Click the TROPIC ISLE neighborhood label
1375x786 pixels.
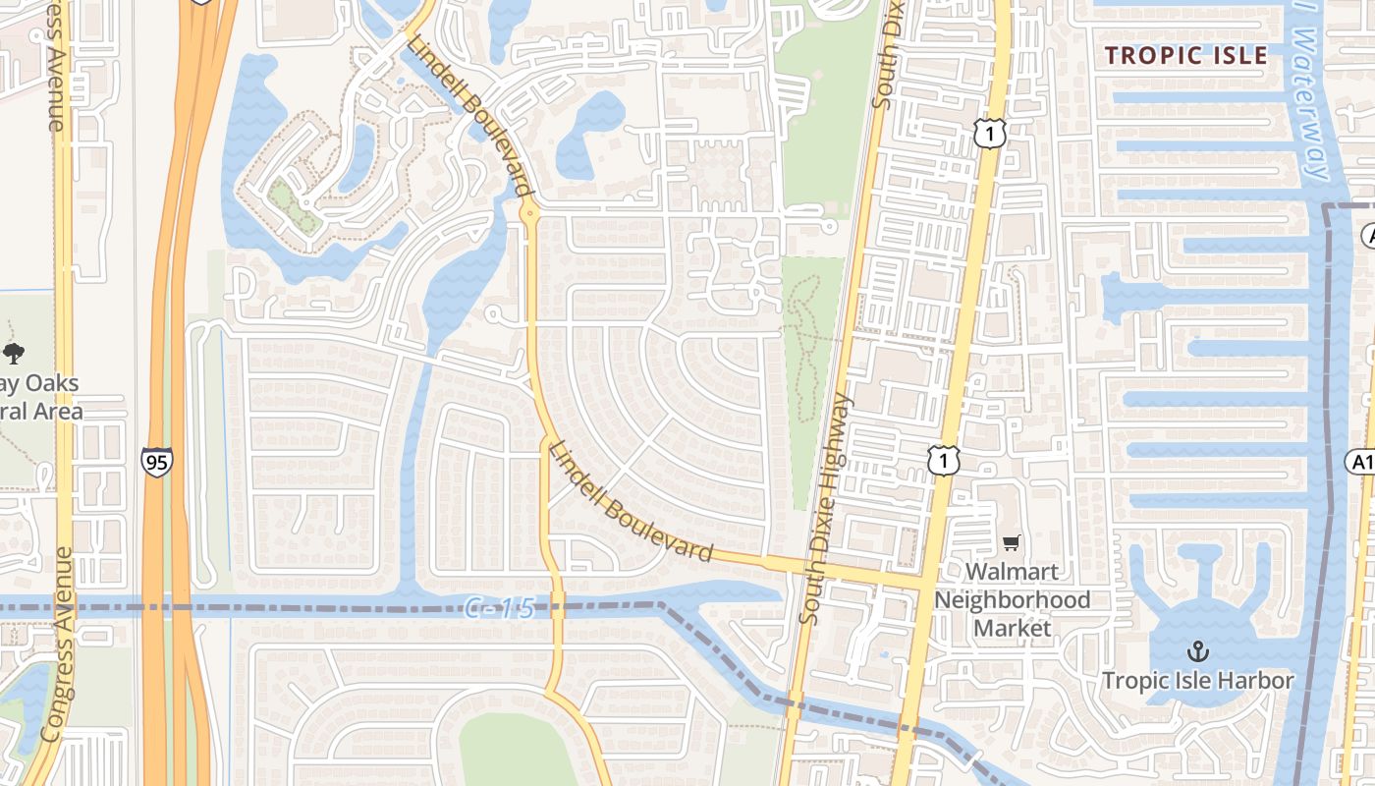[1186, 55]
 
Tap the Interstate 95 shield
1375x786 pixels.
[156, 462]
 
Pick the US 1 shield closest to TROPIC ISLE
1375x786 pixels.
[990, 135]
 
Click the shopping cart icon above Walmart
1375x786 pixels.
[1012, 542]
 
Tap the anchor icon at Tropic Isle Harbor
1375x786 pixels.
[1197, 650]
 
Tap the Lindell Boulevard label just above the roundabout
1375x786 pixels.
[469, 116]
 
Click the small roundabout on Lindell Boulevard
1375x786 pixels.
[529, 211]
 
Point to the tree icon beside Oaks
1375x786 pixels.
[14, 354]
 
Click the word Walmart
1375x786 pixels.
[1012, 572]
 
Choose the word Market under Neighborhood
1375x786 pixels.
[1012, 628]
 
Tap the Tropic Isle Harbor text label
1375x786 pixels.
[1197, 680]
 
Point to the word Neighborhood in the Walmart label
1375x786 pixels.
[1012, 599]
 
